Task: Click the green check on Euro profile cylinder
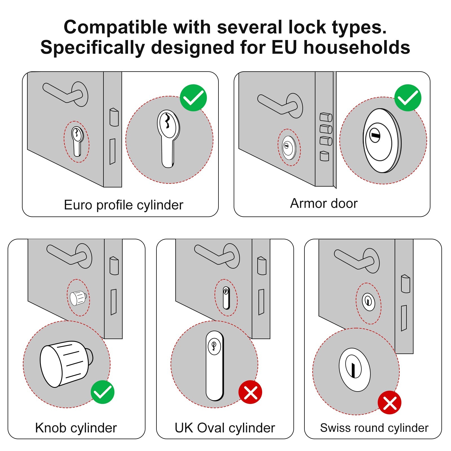pos(193,98)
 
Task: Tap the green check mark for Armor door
pos(408,98)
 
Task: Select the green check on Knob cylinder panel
pos(103,392)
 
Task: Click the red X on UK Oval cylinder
pos(250,392)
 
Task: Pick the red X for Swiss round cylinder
pos(390,403)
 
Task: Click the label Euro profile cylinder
pos(123,205)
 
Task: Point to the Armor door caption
pos(324,203)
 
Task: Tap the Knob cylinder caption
pos(76,428)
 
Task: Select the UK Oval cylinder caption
pos(225,428)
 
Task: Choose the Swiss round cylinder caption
pos(374,428)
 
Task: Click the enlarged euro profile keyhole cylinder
pos(168,138)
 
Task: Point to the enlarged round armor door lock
pos(382,140)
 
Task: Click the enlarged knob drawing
pos(65,363)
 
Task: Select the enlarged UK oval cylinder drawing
pos(215,366)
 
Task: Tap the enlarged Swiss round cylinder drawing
pos(355,370)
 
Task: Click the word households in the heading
pos(357,47)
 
